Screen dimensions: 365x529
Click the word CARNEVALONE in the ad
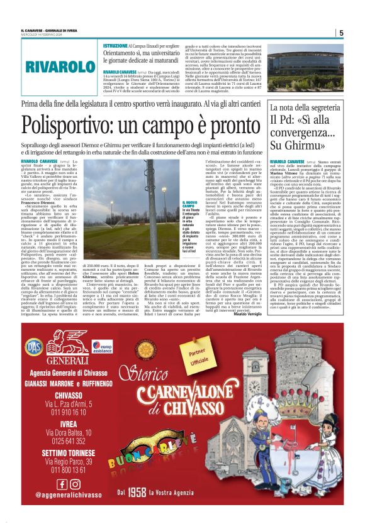click(x=200, y=395)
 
